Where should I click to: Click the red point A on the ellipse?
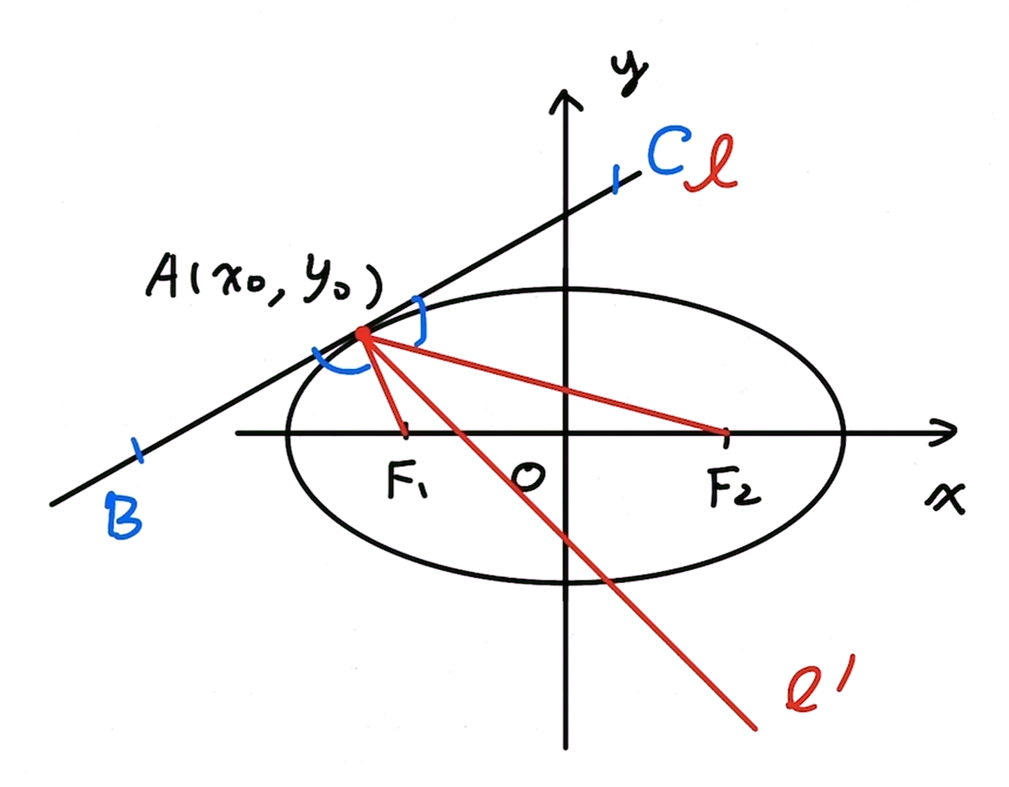coord(363,335)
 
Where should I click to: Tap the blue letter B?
coord(124,515)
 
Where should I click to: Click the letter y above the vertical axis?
coord(629,74)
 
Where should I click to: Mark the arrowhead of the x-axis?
coord(948,432)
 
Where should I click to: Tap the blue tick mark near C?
coord(615,179)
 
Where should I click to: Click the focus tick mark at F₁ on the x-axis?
coord(406,431)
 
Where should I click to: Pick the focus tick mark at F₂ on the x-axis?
coord(726,433)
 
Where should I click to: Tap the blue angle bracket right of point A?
coord(419,320)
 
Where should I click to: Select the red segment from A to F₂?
coord(543,383)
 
